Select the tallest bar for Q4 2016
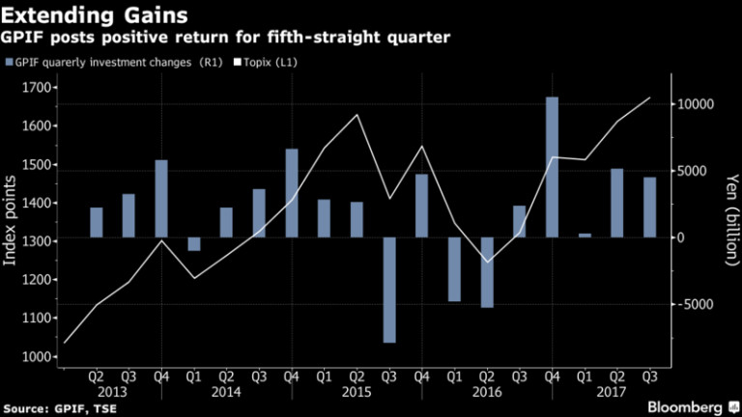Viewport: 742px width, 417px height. (552, 166)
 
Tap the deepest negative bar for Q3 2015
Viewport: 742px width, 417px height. (389, 290)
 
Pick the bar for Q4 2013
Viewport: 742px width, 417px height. (161, 199)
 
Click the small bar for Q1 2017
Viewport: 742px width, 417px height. (584, 236)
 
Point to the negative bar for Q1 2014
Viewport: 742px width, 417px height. (194, 244)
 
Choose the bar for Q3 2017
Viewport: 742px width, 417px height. (649, 207)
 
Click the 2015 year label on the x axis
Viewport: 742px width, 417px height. (357, 393)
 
